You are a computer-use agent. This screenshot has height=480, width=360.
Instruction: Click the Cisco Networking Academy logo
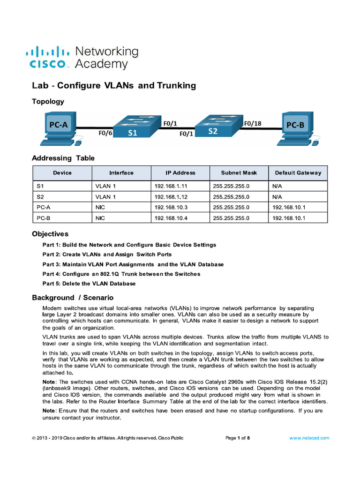pos(82,58)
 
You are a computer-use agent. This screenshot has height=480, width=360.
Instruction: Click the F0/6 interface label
pos(105,133)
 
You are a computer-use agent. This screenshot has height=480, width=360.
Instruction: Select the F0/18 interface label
pos(253,123)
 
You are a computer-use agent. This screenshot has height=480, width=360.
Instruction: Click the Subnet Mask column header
pos(239,173)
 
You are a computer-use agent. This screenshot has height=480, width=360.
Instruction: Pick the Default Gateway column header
pos(298,173)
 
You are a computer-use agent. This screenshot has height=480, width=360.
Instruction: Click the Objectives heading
pos(50,234)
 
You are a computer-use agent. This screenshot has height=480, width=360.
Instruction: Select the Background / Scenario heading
pos(73,298)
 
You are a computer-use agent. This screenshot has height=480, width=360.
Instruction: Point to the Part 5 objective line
pos(89,284)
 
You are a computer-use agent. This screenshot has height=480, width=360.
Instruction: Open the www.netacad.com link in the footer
pos(309,438)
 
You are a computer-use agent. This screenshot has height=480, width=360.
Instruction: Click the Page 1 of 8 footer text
pos(238,438)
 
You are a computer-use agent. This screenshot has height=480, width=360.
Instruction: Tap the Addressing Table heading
pos(63,158)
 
